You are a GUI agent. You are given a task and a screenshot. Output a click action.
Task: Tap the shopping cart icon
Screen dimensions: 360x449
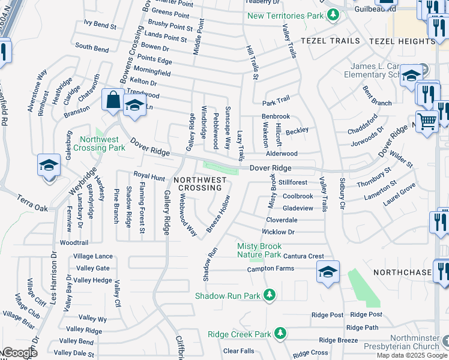[x=427, y=121]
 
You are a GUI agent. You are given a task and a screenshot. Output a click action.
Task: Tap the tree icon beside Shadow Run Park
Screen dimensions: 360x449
[x=270, y=295]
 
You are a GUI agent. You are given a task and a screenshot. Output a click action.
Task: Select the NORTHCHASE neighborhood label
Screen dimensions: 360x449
[x=402, y=272]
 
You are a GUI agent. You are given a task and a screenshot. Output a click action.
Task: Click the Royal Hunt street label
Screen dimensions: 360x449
[x=149, y=177]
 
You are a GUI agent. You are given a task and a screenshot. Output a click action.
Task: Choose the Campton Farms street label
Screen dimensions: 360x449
[x=270, y=269]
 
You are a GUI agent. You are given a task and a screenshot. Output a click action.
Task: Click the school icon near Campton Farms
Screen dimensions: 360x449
[x=328, y=272]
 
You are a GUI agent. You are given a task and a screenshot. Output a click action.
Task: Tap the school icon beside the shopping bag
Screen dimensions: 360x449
[x=135, y=106]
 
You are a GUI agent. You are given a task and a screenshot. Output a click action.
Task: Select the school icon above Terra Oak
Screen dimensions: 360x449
[x=49, y=165]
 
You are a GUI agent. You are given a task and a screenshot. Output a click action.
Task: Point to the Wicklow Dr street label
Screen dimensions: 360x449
[x=278, y=232]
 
